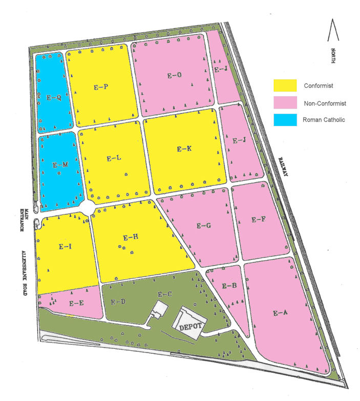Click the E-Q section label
click(54, 97)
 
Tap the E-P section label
click(100, 87)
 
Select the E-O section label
click(175, 75)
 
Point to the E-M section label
click(60, 165)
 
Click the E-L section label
click(114, 159)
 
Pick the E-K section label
click(184, 149)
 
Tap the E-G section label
click(204, 225)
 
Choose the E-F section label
click(259, 220)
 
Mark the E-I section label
click(65, 247)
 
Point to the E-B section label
click(229, 286)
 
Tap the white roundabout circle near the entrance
click(87, 208)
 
